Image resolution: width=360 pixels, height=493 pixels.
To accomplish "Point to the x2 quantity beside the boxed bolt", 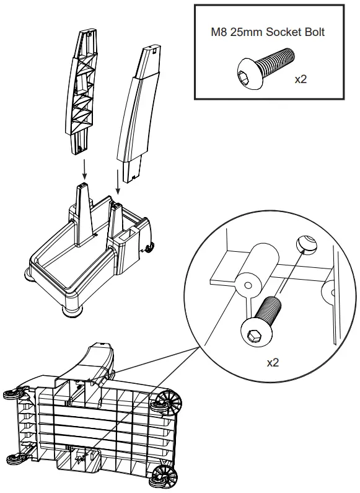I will coord(301,80).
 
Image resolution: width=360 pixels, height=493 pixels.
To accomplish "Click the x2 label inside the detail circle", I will coord(273,362).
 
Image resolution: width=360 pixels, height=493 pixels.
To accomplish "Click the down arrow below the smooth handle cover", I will coord(118,184).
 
